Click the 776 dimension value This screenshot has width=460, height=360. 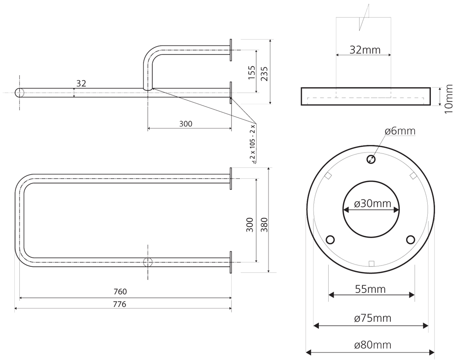tap(120, 304)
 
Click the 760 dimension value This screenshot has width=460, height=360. tap(121, 292)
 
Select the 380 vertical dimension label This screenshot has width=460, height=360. tap(264, 224)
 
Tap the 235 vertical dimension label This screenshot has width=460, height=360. tap(264, 72)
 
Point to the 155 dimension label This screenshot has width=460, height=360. tap(251, 72)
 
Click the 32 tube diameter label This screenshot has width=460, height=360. tap(81, 83)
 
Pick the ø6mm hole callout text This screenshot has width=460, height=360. tap(400, 131)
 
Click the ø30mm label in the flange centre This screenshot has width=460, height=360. tap(371, 204)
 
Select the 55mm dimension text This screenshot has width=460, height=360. tap(371, 289)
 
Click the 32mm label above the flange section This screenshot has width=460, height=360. tap(365, 50)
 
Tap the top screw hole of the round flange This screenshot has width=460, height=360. tap(371, 159)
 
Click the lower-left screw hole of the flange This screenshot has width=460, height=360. tap(330, 239)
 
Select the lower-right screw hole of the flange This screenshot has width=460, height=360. tap(410, 239)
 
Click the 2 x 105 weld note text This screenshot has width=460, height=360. tap(253, 143)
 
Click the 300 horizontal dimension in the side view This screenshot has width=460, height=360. tap(186, 124)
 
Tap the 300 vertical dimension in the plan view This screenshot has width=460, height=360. tap(250, 224)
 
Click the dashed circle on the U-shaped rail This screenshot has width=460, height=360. tap(148, 262)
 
